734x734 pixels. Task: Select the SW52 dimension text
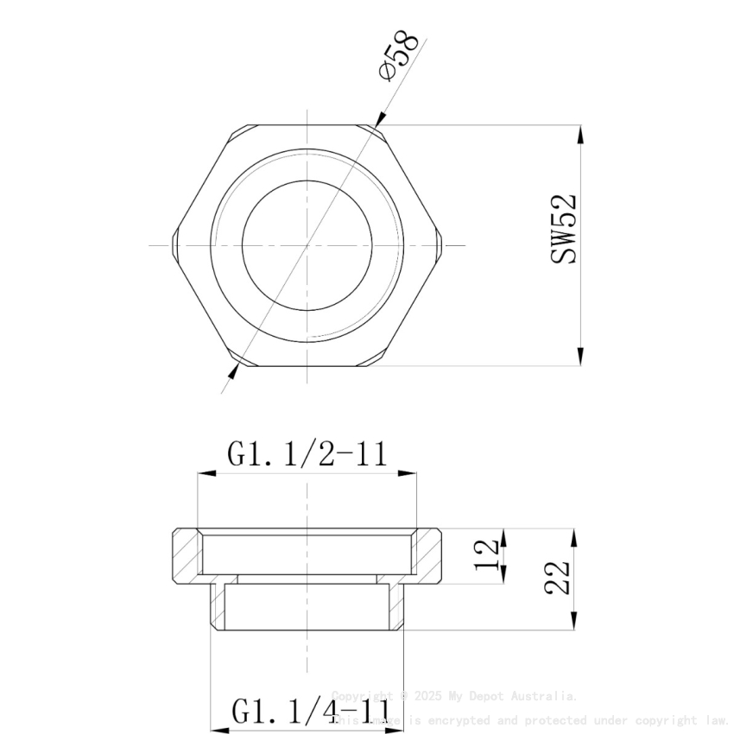click(564, 229)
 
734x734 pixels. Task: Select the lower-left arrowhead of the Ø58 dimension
click(235, 369)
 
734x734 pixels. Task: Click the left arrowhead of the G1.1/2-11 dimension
click(205, 472)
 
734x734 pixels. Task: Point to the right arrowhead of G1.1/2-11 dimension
click(409, 472)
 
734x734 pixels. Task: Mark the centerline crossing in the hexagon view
click(307, 245)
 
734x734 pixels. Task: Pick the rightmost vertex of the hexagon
click(443, 245)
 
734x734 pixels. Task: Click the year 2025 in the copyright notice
click(429, 696)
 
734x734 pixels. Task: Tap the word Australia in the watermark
click(543, 696)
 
